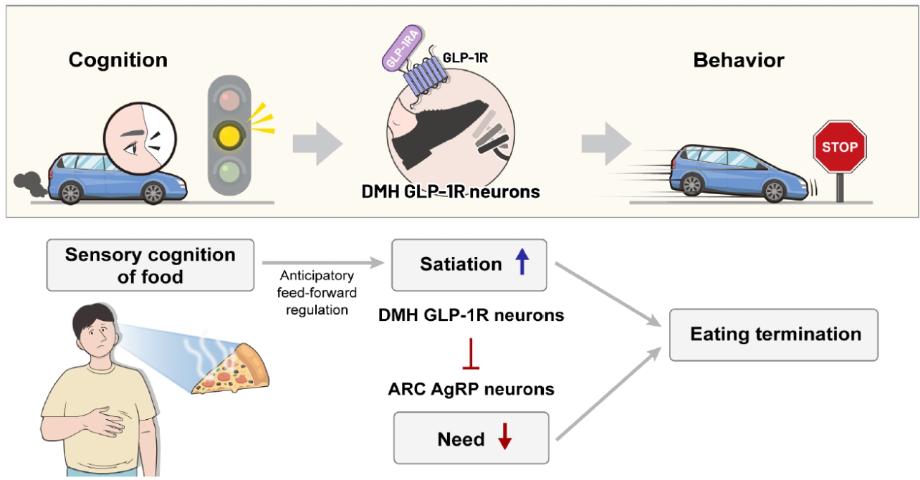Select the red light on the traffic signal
point(229,99)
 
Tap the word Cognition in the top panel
point(118,60)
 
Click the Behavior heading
point(739,60)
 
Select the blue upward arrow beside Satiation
point(522,264)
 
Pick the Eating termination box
point(774,335)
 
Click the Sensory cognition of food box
point(150,265)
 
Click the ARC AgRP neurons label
point(471,390)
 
